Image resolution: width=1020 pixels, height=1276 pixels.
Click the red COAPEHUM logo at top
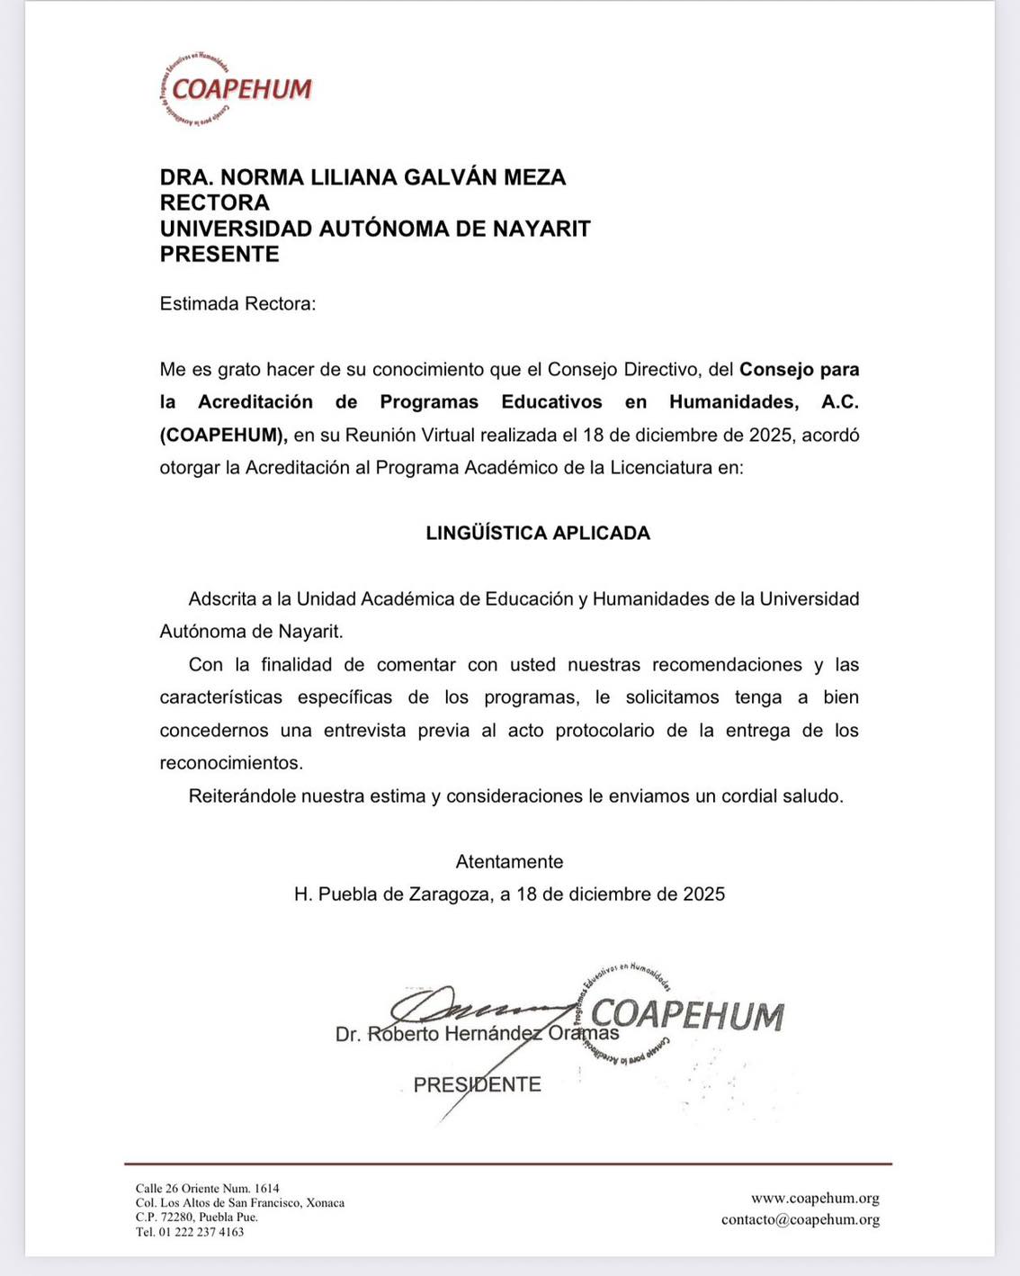pyautogui.click(x=236, y=89)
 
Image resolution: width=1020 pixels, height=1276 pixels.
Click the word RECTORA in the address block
pyautogui.click(x=215, y=202)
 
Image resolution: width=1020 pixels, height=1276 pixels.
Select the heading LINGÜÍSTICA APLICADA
pyautogui.click(x=538, y=533)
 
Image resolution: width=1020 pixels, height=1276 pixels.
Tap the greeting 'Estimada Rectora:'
pyautogui.click(x=237, y=304)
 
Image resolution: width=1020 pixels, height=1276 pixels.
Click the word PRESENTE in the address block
pyautogui.click(x=219, y=255)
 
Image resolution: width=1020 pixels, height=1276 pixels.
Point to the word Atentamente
pyautogui.click(x=509, y=862)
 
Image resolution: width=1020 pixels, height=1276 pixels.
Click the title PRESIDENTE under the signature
pyautogui.click(x=477, y=1084)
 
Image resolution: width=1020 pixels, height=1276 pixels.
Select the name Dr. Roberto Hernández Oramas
pyautogui.click(x=477, y=1035)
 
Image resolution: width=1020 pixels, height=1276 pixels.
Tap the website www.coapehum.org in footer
pyautogui.click(x=815, y=1199)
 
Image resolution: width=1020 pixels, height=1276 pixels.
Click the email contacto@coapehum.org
pyautogui.click(x=800, y=1220)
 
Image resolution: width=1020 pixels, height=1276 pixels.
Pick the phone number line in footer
pyautogui.click(x=190, y=1232)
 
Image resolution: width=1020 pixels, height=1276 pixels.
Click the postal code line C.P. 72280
pyautogui.click(x=196, y=1218)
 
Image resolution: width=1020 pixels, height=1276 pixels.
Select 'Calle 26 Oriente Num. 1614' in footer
pyautogui.click(x=207, y=1189)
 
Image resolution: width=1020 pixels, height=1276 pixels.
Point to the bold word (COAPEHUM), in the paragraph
pyautogui.click(x=223, y=436)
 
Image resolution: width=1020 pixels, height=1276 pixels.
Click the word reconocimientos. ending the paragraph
pyautogui.click(x=231, y=763)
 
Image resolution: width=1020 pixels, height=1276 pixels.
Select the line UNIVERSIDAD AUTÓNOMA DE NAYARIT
pyautogui.click(x=375, y=229)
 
